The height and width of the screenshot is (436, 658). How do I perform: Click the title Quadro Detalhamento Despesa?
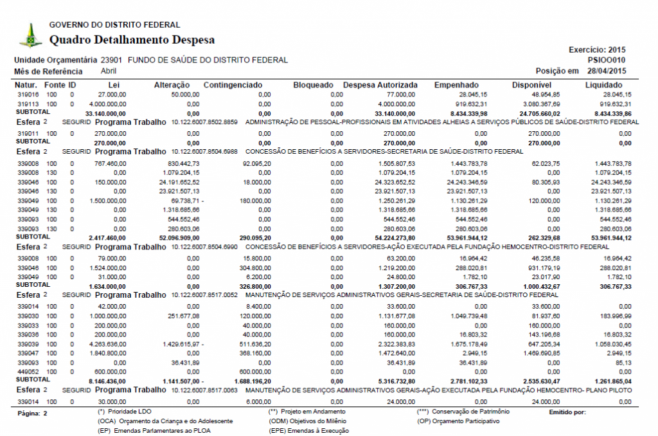(132, 40)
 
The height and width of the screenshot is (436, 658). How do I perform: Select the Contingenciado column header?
(233, 85)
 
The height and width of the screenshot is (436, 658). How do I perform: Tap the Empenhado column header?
(456, 85)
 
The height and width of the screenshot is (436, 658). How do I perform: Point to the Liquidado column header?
(603, 85)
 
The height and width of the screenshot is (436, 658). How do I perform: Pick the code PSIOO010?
(607, 60)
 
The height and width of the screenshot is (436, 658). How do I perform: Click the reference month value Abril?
(109, 71)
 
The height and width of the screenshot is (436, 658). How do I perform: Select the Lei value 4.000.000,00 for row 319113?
(107, 104)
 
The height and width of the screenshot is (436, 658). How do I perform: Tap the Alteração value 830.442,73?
(182, 164)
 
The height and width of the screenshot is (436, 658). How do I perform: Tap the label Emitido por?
(568, 412)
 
